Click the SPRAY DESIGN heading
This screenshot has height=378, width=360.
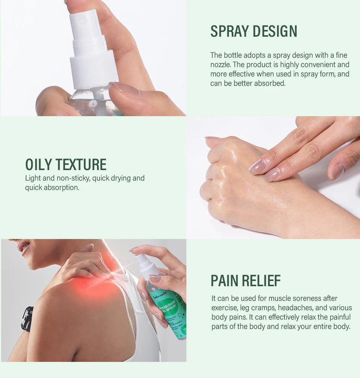[x=253, y=31]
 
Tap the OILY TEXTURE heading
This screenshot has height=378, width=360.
[x=66, y=165]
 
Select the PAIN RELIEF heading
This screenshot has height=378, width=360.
[x=246, y=281]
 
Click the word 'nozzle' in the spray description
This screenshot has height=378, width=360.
[x=220, y=64]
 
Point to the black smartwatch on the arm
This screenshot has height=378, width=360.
[x=27, y=318]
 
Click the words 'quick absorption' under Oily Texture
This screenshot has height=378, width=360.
[x=52, y=187]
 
